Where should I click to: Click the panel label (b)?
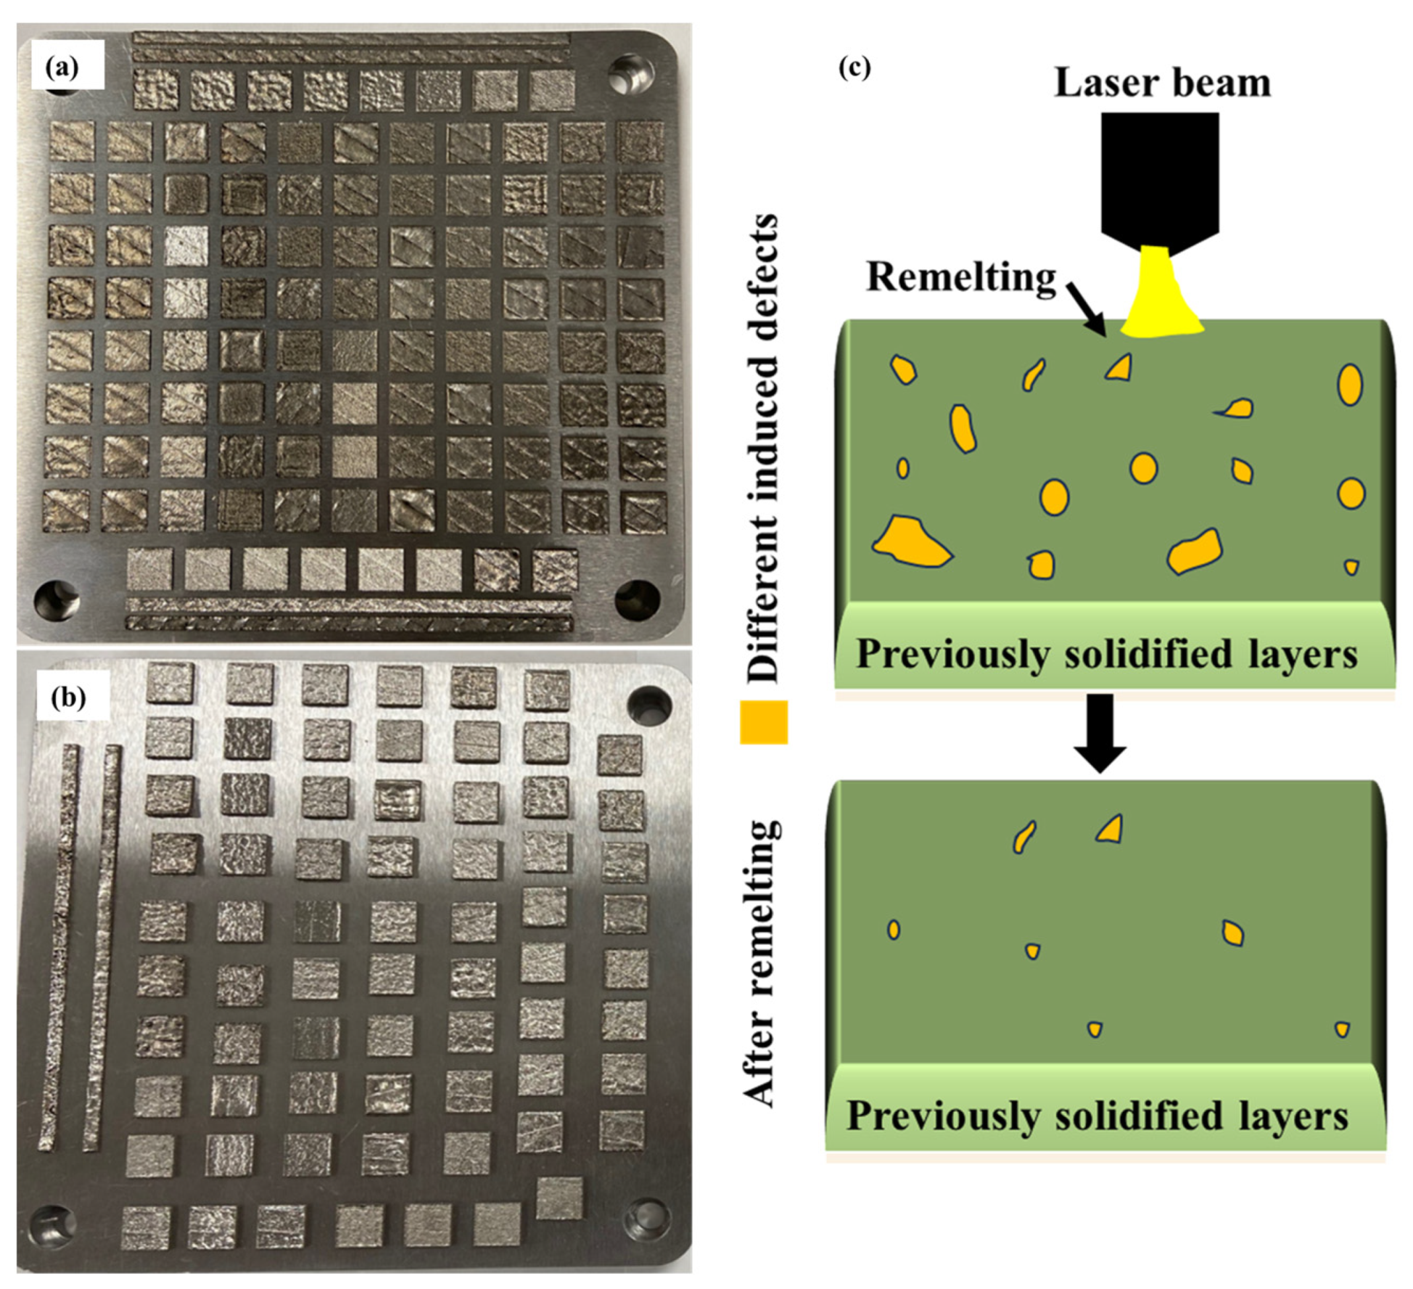pyautogui.click(x=68, y=698)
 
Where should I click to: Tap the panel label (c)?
pyautogui.click(x=855, y=67)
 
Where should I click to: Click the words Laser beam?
pyautogui.click(x=1162, y=83)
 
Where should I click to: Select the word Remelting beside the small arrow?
pyautogui.click(x=962, y=278)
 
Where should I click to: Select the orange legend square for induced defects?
pyautogui.click(x=764, y=722)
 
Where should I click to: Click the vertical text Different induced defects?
pyautogui.click(x=763, y=449)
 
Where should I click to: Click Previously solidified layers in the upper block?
pyautogui.click(x=1107, y=654)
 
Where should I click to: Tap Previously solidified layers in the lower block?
pyautogui.click(x=1097, y=1115)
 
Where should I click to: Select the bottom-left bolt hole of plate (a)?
pyautogui.click(x=56, y=600)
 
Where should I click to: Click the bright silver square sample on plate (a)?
pyautogui.click(x=186, y=246)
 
